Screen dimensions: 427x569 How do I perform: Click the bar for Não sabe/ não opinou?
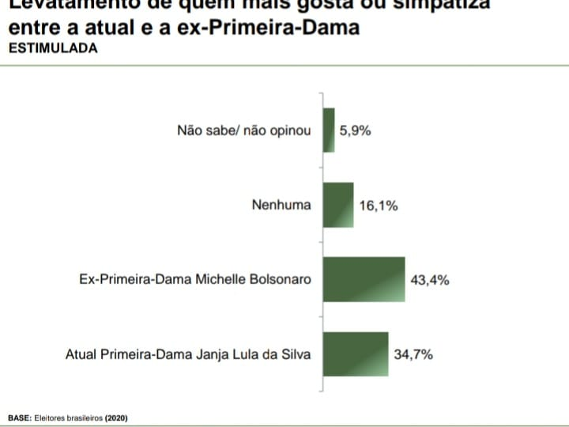coord(329,130)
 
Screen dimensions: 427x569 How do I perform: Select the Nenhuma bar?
coord(337,205)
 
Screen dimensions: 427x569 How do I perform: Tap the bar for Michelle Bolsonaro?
coord(364,279)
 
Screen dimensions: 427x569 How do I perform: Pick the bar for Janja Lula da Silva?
coord(356,354)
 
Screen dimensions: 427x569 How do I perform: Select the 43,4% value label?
coord(430,280)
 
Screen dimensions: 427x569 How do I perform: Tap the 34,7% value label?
coord(413,355)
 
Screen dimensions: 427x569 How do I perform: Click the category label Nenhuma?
coord(281,206)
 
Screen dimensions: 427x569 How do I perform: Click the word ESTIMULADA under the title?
coord(53,47)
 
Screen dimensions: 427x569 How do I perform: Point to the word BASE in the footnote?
coord(19,417)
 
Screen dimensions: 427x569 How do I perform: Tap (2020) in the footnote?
coord(116,417)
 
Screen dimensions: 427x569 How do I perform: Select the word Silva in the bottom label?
coord(295,355)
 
